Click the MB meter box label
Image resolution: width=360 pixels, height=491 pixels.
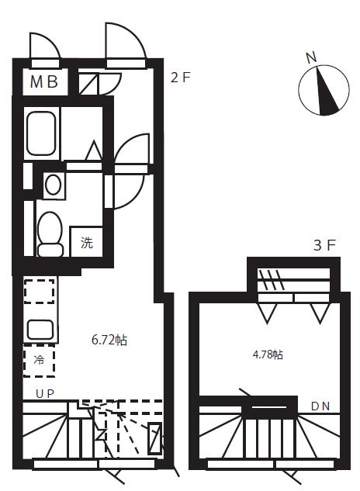tap(44, 81)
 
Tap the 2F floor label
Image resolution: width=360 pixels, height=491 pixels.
tap(181, 78)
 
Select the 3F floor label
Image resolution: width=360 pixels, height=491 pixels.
tap(324, 245)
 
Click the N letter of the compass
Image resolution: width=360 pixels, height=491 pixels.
tap(311, 57)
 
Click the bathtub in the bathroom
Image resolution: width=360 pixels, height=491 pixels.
tap(41, 133)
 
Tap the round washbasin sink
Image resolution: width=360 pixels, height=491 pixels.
tap(53, 185)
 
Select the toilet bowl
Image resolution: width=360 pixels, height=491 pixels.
tap(50, 234)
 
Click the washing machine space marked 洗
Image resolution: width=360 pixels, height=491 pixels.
tap(86, 242)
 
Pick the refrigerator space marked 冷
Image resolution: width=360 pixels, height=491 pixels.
tap(39, 360)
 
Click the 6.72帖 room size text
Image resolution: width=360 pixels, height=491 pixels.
tap(109, 340)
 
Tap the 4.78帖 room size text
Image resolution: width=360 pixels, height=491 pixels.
tap(268, 354)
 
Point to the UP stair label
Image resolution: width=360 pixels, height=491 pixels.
tap(45, 393)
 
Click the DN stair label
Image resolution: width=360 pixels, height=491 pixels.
tap(320, 406)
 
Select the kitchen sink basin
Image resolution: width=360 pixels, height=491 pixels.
tap(40, 329)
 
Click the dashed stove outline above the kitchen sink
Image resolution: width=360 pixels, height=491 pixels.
tap(40, 291)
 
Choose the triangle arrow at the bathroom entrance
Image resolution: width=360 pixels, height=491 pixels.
tap(94, 150)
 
